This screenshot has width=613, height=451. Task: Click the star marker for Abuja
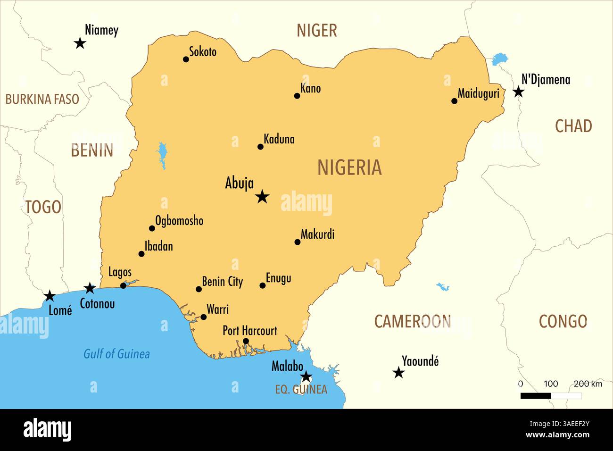pos(262,196)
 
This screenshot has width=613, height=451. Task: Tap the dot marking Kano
pos(297,96)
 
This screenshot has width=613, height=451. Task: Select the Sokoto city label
pos(203,51)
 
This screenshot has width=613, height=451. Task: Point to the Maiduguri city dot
pos(454,101)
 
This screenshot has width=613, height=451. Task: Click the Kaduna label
pos(279,139)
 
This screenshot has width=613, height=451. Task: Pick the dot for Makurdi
pos(298,242)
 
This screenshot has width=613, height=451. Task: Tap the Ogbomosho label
pos(179,221)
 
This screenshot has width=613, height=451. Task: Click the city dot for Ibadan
pos(141,254)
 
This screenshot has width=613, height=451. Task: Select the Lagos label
pos(120,272)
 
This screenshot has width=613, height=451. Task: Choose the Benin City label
pos(222,282)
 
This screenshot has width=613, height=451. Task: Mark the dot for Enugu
pos(263,285)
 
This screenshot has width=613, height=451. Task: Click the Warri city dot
pos(203,317)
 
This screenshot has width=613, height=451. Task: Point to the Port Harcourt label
pos(250,331)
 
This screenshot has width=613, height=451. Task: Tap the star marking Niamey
pos(80,43)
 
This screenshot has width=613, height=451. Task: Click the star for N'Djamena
pos(518,92)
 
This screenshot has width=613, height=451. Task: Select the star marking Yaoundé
pos(398,373)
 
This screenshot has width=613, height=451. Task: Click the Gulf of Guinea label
pos(116,354)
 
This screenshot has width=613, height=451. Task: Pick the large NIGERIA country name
pos(349,168)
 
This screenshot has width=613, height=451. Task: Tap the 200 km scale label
pos(588,384)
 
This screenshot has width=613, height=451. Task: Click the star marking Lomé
pos(50,296)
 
